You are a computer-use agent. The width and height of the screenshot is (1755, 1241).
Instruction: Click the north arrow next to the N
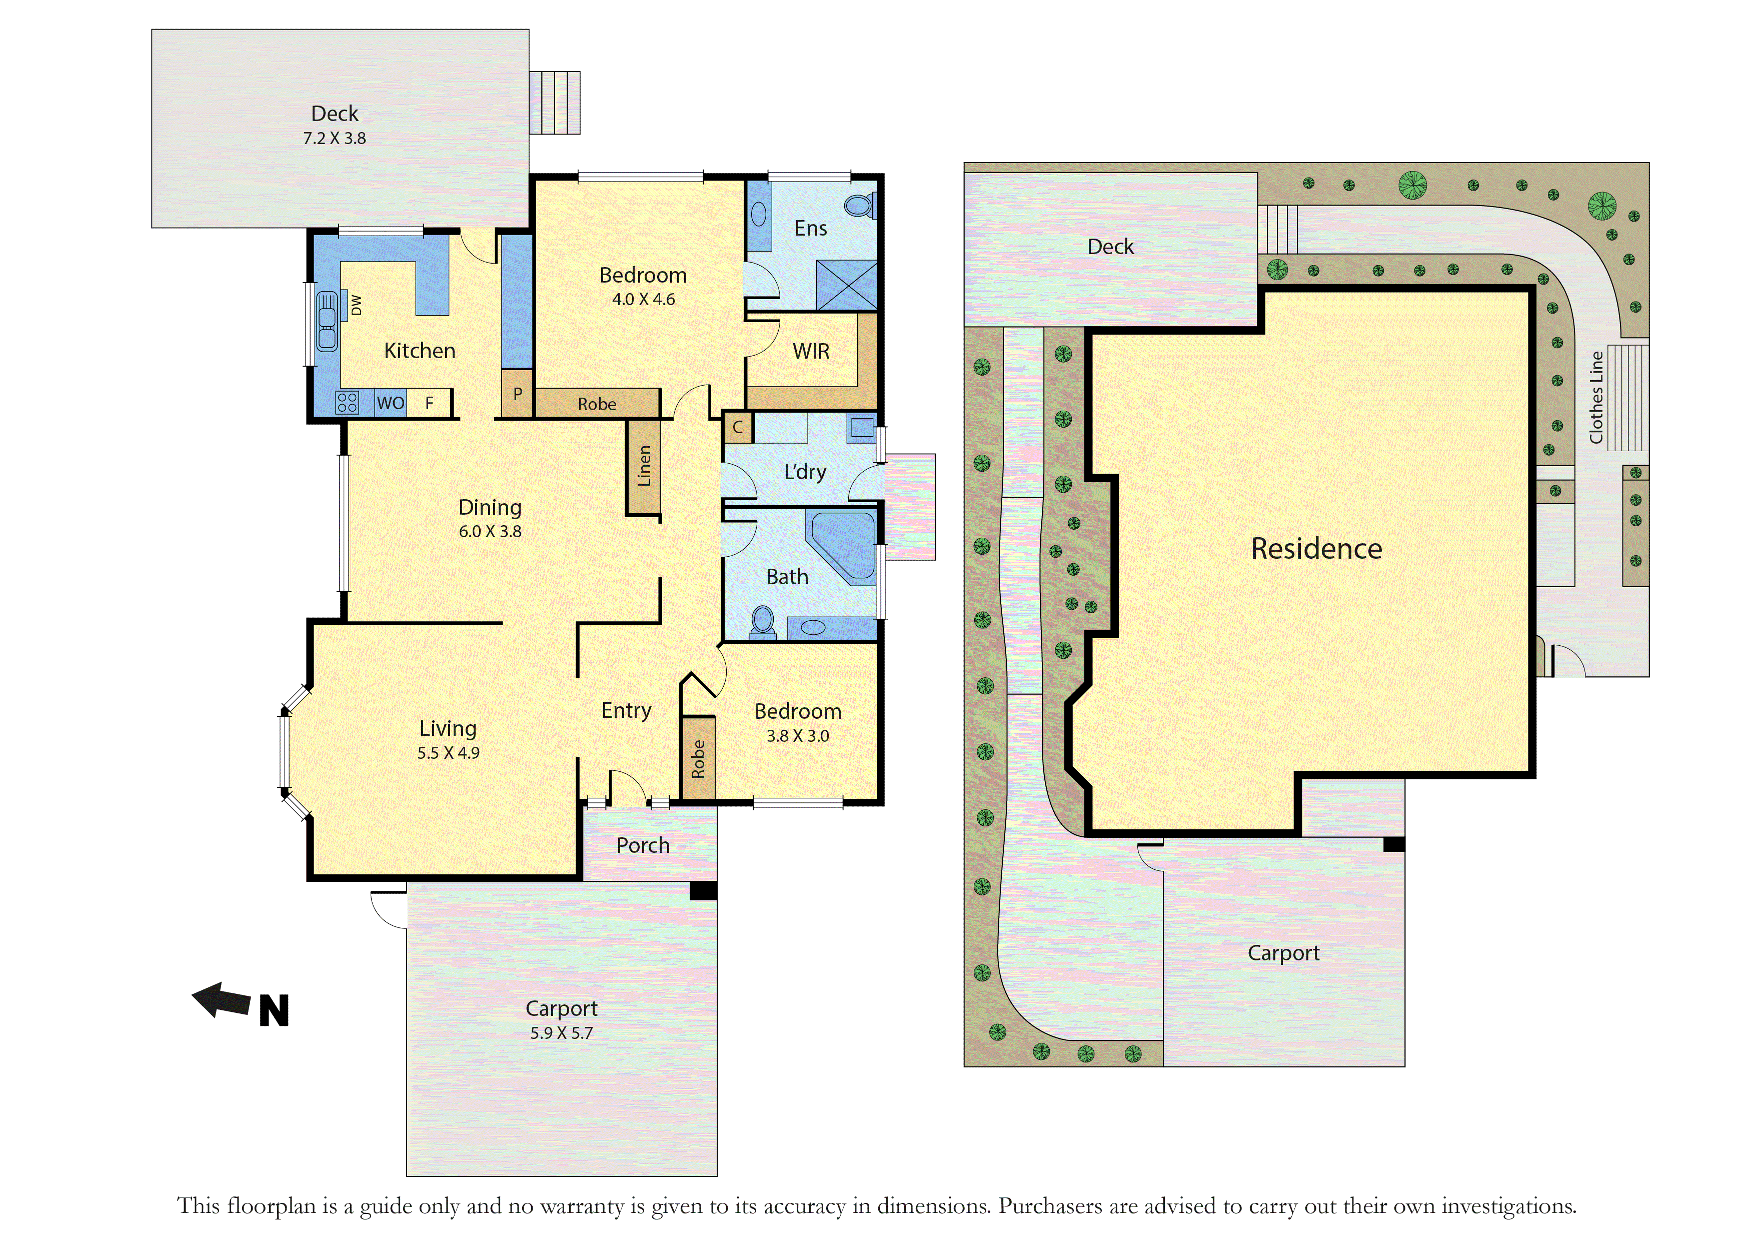click(x=221, y=1000)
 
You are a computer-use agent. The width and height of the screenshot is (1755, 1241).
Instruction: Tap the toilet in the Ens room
click(x=861, y=206)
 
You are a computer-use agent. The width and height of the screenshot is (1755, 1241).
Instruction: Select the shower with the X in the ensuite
click(x=847, y=285)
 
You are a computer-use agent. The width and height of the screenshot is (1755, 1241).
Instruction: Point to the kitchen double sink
click(x=327, y=321)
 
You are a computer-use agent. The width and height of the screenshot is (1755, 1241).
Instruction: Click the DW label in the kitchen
click(x=356, y=305)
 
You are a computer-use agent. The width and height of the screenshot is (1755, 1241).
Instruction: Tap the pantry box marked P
click(x=518, y=394)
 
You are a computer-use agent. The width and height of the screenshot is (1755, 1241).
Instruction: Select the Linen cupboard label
click(x=644, y=466)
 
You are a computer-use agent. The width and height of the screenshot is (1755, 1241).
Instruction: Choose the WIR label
click(x=811, y=351)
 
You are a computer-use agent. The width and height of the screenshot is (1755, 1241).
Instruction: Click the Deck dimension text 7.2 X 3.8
click(x=335, y=139)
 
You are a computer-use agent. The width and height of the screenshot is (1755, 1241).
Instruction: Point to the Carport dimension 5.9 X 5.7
click(x=562, y=1033)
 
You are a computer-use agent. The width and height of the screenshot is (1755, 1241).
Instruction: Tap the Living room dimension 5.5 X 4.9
click(x=449, y=753)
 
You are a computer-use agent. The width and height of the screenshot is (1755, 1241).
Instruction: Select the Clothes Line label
click(x=1596, y=397)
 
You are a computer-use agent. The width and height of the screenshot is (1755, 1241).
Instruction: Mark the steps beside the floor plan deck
click(x=555, y=103)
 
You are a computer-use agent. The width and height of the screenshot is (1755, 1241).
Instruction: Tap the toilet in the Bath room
click(x=763, y=621)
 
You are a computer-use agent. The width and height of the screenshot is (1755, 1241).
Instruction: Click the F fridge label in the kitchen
click(x=430, y=403)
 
